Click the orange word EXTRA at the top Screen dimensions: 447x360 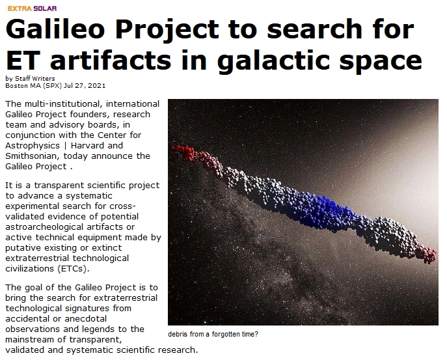[x=20, y=8]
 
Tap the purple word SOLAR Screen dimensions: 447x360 [x=45, y=8]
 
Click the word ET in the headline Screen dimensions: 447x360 [x=23, y=60]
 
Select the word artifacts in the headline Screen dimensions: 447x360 [x=111, y=60]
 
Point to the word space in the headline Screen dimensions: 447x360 [x=380, y=62]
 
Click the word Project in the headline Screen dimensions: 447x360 [x=167, y=30]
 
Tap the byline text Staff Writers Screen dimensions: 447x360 [x=34, y=79]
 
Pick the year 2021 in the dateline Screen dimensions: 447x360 [x=97, y=85]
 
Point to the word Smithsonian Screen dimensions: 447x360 [x=31, y=156]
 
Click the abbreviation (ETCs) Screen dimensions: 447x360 [x=73, y=269]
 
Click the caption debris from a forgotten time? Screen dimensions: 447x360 [x=213, y=334]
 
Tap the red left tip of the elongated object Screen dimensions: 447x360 [x=174, y=148]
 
